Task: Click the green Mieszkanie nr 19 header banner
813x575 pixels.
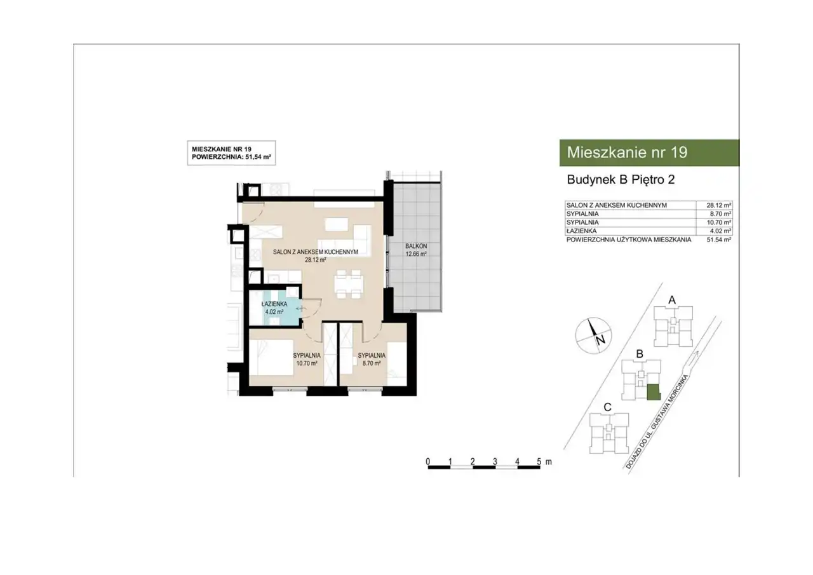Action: tap(649, 152)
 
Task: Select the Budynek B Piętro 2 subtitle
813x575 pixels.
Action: tap(621, 180)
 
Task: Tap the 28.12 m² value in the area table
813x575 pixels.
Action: tap(718, 205)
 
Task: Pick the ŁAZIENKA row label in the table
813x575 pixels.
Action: tap(581, 231)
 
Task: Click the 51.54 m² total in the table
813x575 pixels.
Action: tap(718, 240)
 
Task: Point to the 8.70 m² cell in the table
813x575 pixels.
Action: tap(720, 214)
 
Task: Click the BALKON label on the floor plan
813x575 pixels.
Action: tap(416, 246)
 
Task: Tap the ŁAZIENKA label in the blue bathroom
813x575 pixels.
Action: tap(274, 304)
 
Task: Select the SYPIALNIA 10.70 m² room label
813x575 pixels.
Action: tap(307, 360)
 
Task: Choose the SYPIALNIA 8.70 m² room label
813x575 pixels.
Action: tap(372, 360)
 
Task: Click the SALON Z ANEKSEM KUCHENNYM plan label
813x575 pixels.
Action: tap(316, 252)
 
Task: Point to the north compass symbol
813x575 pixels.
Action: tap(593, 335)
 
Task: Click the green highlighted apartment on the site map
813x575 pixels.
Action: tap(654, 392)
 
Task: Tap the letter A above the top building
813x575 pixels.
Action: tap(672, 300)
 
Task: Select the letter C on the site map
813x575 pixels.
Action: tap(607, 407)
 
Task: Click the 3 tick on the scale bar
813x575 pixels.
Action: tap(495, 462)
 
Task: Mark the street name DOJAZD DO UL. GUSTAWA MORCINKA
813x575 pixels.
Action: tap(657, 421)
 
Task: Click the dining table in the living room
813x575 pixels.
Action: tap(349, 284)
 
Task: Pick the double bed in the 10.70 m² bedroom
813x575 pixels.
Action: tap(271, 357)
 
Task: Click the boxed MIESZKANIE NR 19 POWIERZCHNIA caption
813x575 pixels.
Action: tap(231, 153)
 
